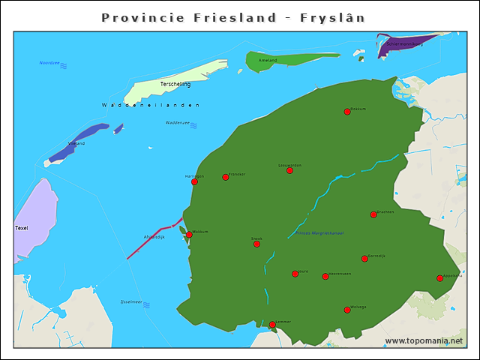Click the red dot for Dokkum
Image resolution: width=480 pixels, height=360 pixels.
pos(347,112)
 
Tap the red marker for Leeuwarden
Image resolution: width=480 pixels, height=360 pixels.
pos(289,170)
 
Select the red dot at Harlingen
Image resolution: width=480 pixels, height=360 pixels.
pos(194,181)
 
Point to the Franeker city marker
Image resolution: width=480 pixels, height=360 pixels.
pos(225,177)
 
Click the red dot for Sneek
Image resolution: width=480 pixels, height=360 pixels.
pos(256,244)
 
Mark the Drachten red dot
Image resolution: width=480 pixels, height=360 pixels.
pos(373,214)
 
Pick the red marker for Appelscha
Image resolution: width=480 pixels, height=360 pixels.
pos(439,278)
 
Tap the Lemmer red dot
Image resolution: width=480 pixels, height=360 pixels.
pos(272,325)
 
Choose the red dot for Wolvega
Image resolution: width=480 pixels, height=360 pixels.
pos(347,309)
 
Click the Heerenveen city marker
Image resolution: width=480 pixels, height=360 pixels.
pos(325,277)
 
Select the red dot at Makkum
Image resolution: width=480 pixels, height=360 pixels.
pos(189,235)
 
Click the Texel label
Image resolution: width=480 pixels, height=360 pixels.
pos(21,227)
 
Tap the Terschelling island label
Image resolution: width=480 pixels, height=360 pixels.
pos(175,84)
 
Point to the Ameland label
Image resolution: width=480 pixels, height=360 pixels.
pos(267,60)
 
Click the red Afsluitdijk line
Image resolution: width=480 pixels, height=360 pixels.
pos(150,242)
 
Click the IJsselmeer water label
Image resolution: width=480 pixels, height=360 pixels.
pos(131,302)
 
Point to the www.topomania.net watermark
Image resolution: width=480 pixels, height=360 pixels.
pos(424,340)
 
